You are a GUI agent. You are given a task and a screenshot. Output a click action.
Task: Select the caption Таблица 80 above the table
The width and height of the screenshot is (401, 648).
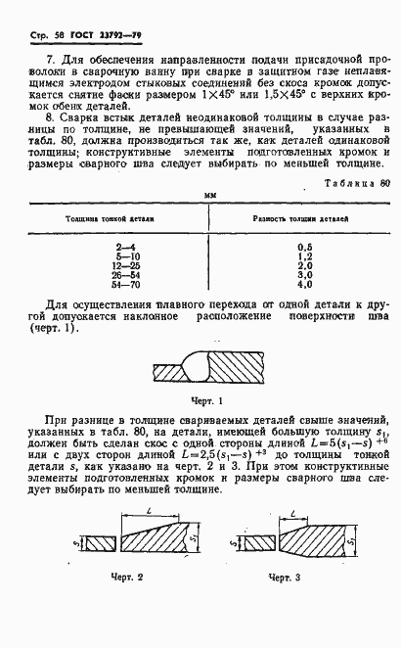click(356, 183)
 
